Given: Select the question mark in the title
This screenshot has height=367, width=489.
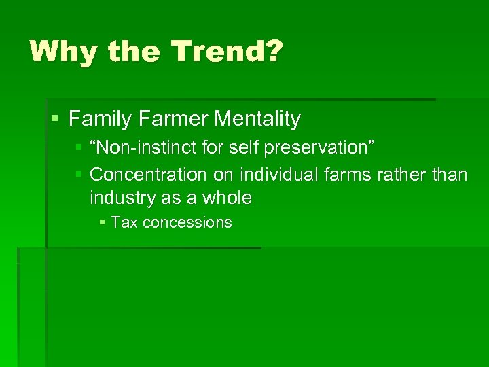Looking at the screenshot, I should coord(270,52).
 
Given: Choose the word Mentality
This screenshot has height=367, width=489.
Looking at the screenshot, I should coord(257,120).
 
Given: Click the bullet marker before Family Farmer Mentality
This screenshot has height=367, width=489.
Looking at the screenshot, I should coord(55,120).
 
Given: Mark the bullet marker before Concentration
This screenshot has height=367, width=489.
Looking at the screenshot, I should coord(79,175).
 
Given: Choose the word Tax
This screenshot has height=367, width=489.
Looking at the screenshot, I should coord(124,222).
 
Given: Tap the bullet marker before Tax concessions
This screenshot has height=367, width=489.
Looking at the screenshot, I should coord(101,222).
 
